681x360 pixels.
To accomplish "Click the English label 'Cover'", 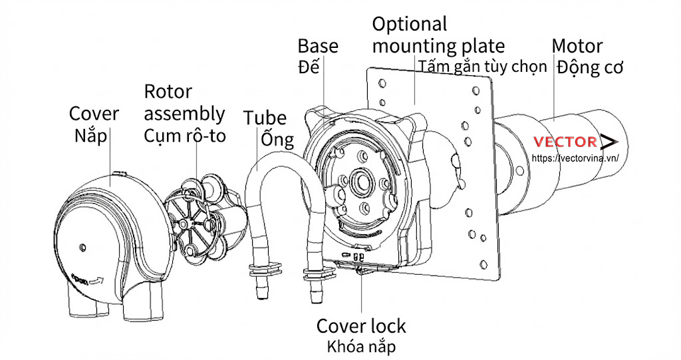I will (x=94, y=113).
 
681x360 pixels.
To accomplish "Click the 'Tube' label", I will (x=264, y=118).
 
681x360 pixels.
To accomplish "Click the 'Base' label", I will (x=317, y=46).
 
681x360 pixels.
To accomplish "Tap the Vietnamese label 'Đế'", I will (x=307, y=67).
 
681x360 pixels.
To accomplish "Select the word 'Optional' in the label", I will (x=409, y=24).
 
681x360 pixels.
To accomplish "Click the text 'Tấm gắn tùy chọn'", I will (x=483, y=66).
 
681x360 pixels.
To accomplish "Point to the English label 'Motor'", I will (x=577, y=46).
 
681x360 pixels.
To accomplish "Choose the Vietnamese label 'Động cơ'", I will (x=590, y=67).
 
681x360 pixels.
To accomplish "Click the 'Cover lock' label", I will (x=360, y=326).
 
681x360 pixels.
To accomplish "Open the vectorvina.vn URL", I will (x=577, y=158).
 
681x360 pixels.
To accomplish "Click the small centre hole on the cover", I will (x=82, y=247).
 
